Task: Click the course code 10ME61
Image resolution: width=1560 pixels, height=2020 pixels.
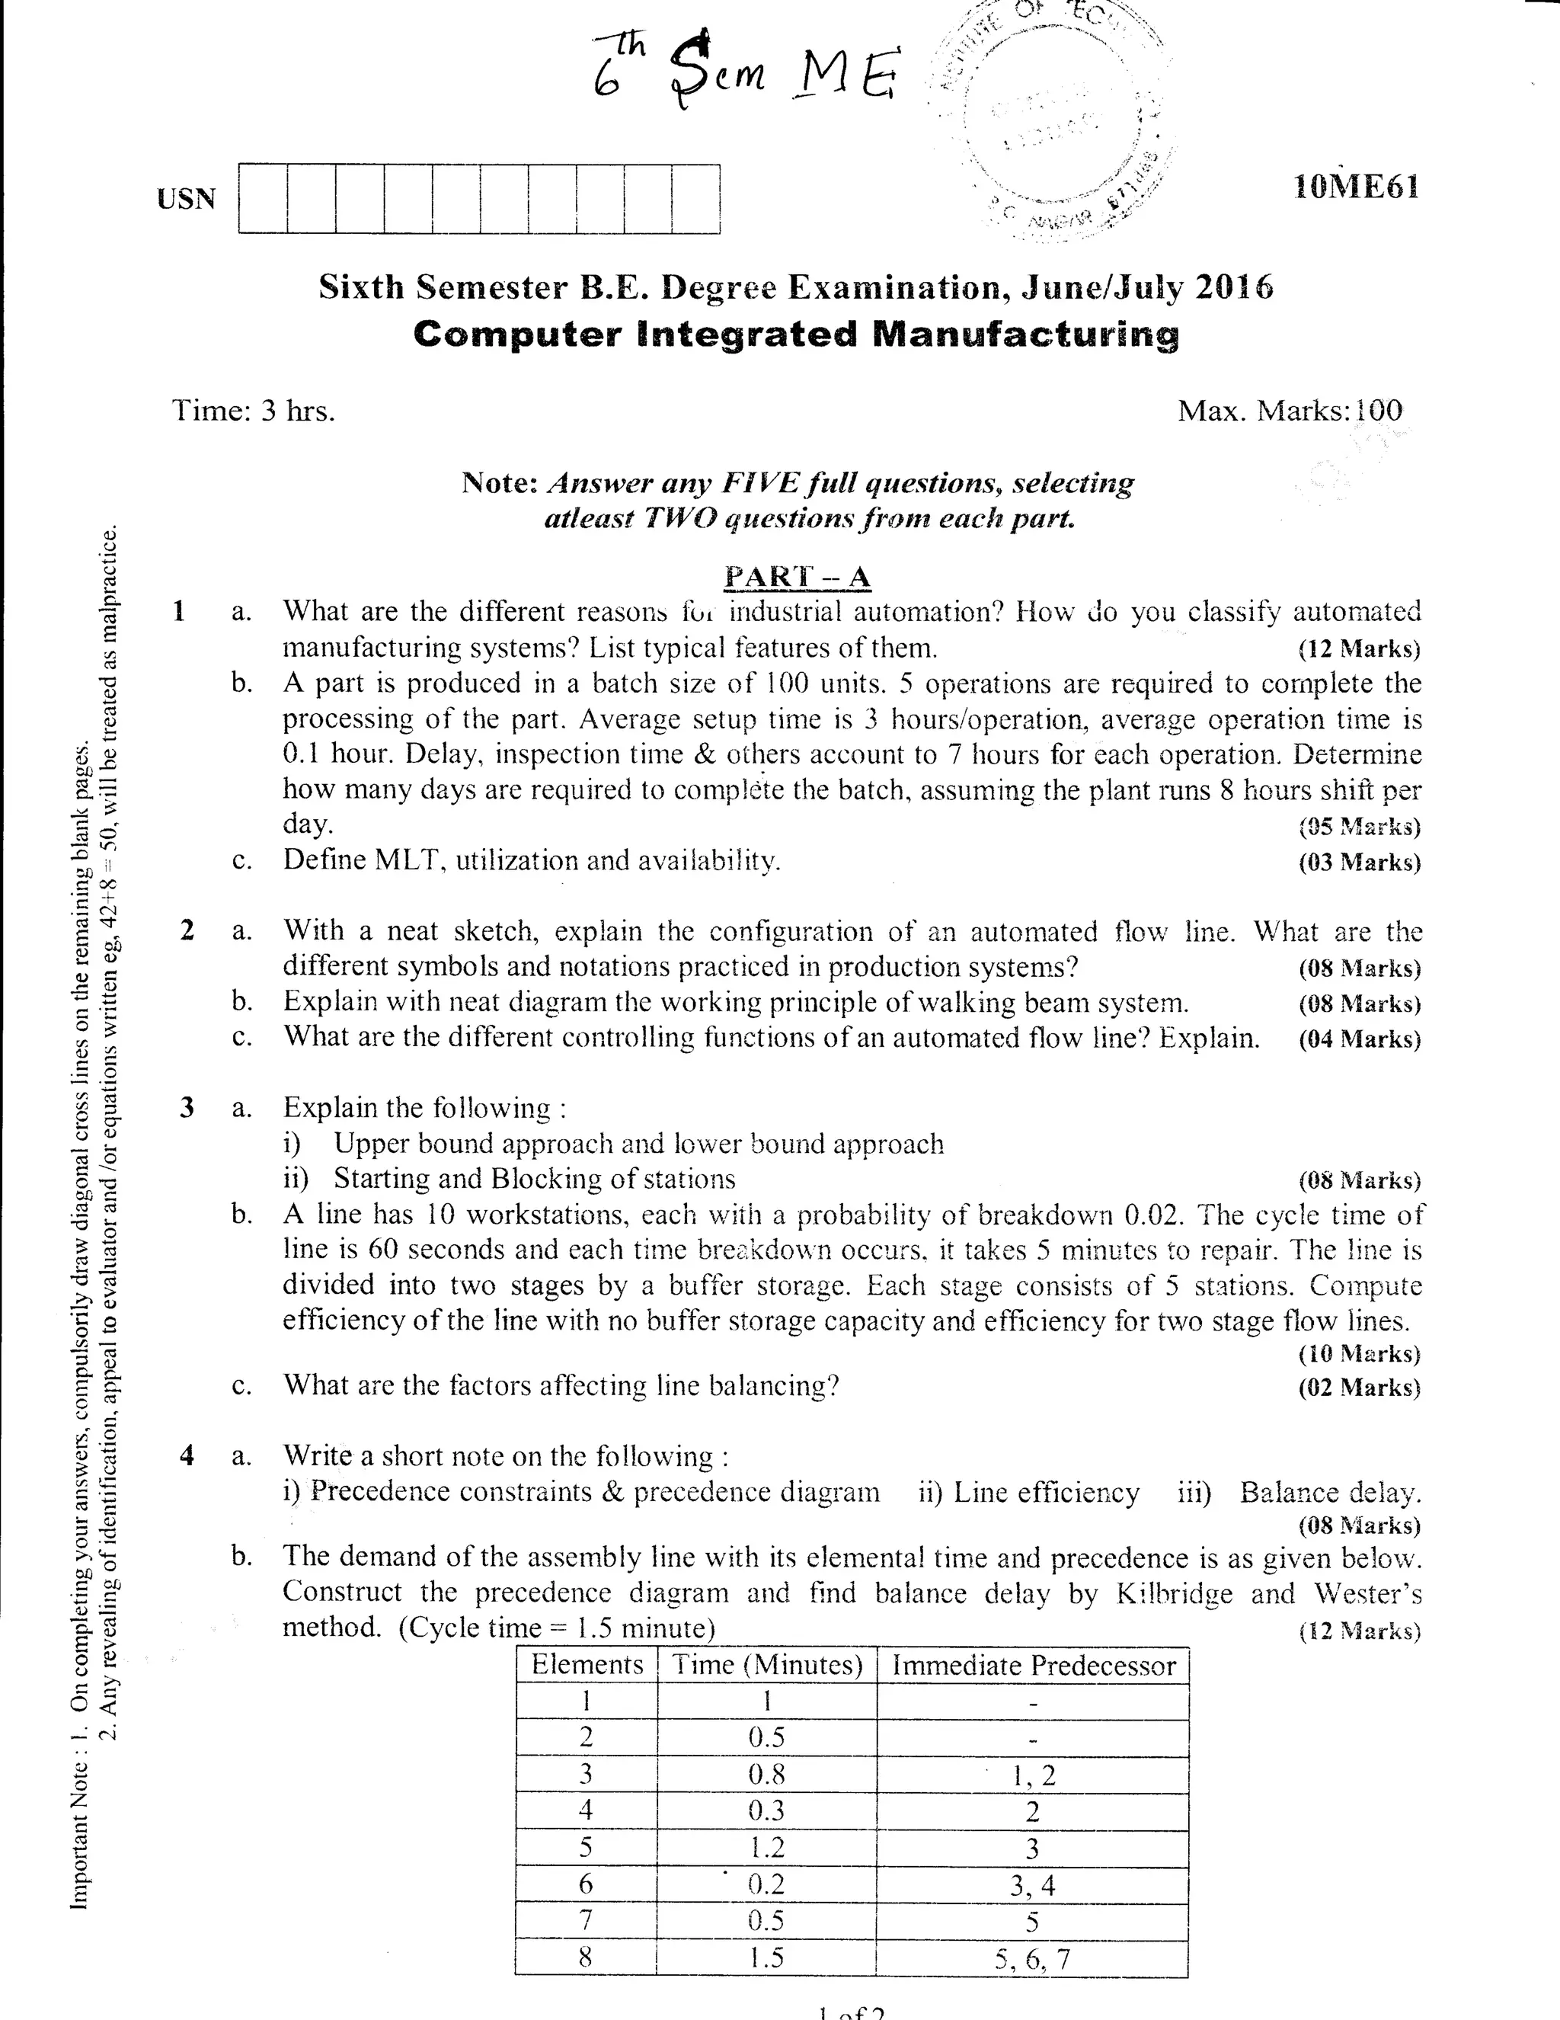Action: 1356,187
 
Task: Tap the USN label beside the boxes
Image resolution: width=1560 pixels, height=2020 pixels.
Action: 186,199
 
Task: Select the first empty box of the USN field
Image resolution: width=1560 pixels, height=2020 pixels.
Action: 263,199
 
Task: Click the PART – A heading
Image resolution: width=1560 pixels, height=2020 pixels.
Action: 796,576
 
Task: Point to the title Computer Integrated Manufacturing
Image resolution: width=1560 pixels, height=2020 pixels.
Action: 796,334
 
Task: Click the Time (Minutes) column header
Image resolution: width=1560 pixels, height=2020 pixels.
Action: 766,1665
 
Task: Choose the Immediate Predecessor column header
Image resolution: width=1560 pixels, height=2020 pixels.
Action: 1033,1666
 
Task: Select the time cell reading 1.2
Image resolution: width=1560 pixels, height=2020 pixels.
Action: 766,1847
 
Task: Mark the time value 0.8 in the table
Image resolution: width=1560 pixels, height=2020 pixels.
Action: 766,1774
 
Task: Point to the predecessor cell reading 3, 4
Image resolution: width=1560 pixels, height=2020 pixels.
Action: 1032,1885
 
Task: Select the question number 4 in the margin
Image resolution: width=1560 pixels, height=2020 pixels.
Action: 187,1455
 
